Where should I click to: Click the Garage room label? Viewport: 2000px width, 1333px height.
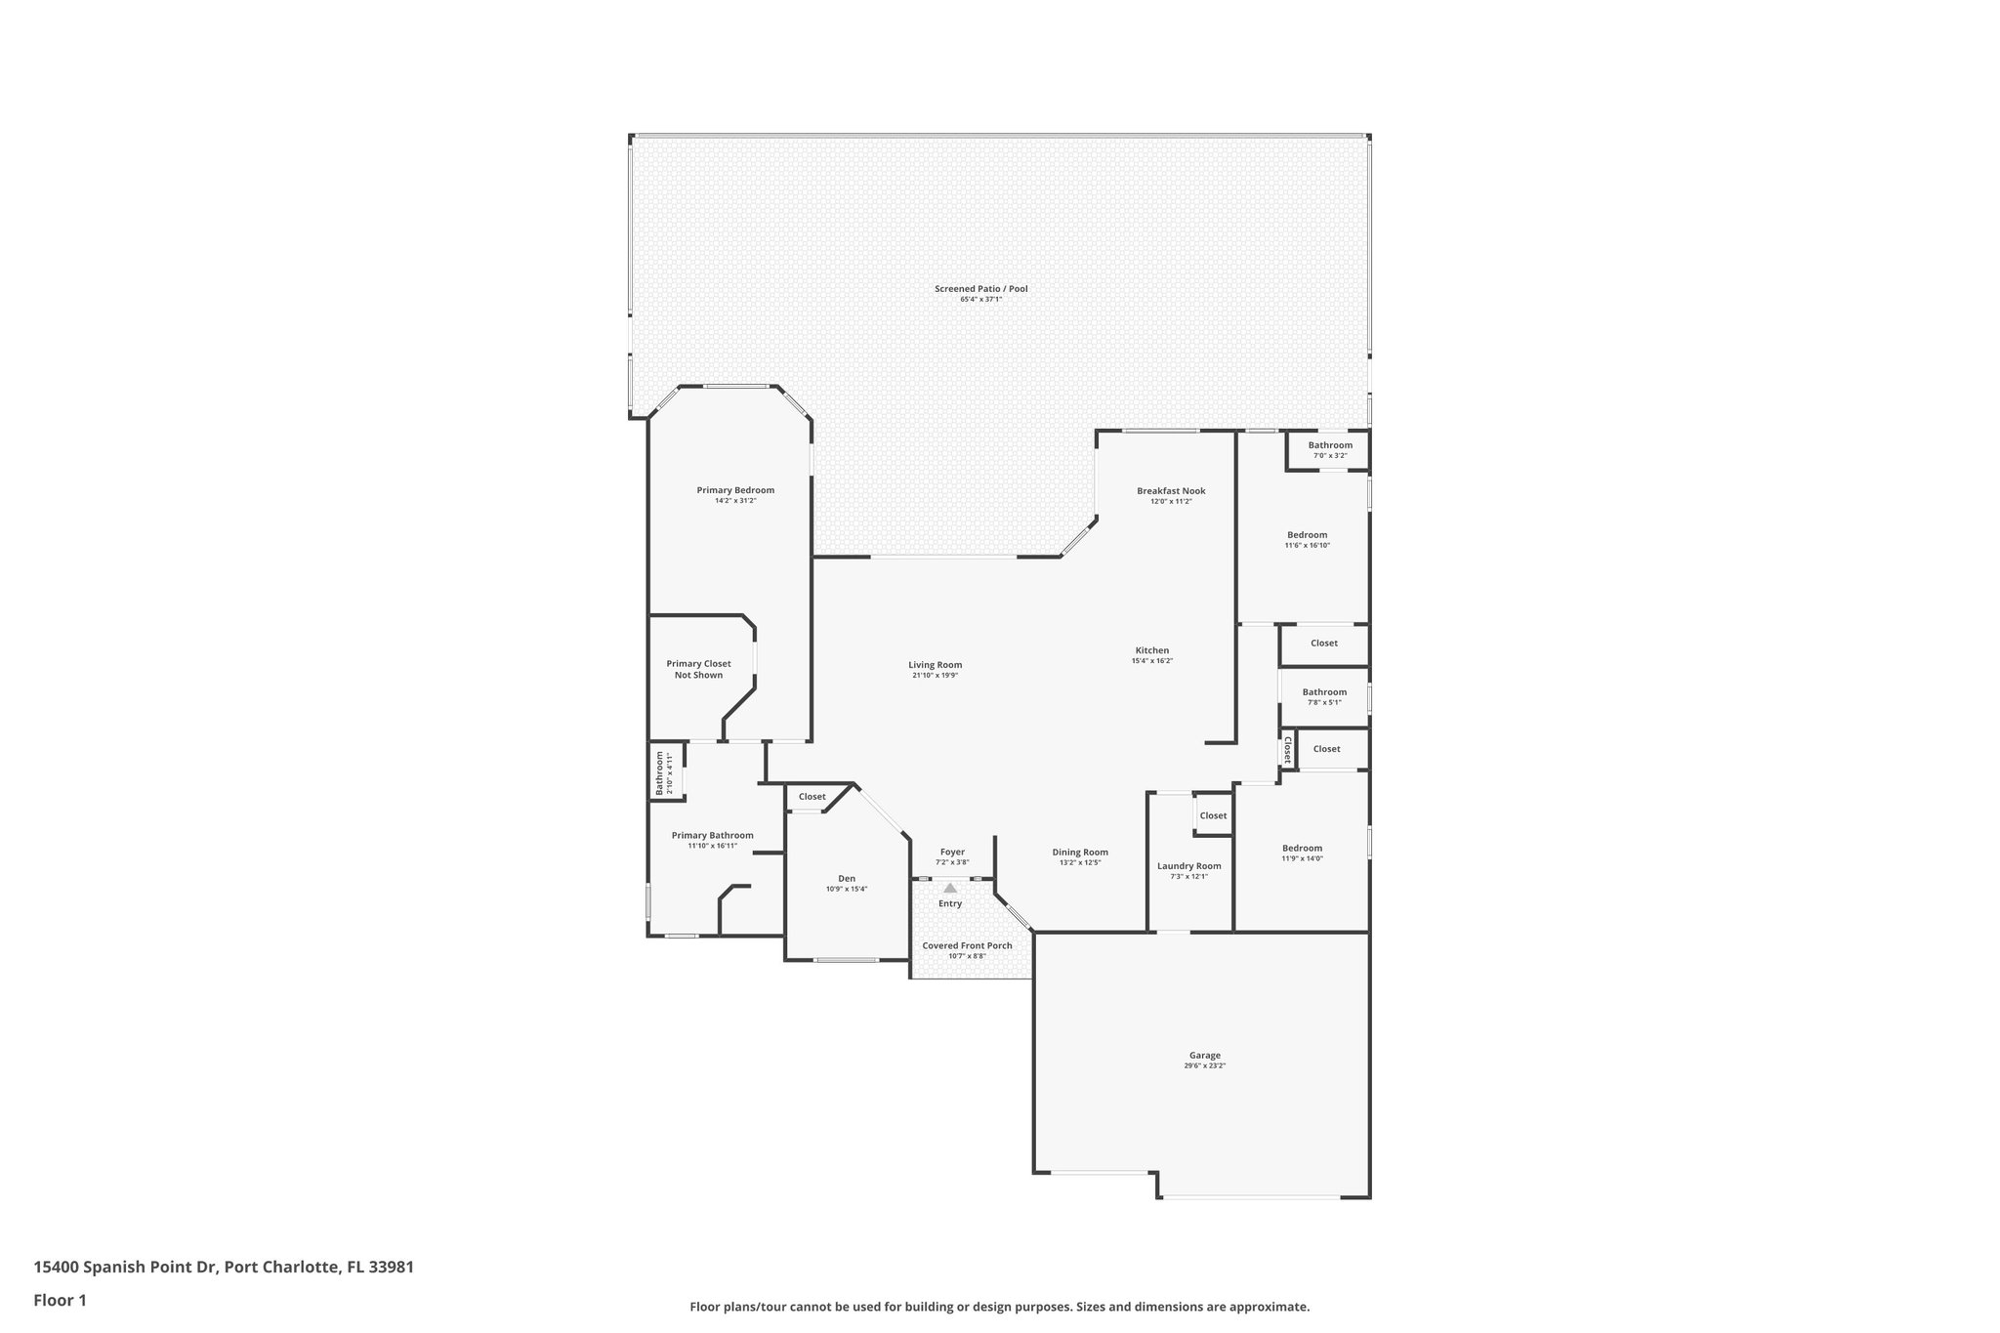click(1204, 1055)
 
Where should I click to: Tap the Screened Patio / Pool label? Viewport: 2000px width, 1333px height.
click(980, 289)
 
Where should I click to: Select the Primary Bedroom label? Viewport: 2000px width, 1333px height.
click(735, 490)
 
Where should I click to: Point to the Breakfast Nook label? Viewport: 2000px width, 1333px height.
click(1171, 491)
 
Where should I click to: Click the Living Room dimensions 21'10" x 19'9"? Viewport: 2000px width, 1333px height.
click(936, 676)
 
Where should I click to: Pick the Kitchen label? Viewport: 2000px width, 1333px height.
click(1151, 650)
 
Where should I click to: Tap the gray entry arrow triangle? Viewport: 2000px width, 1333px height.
click(950, 888)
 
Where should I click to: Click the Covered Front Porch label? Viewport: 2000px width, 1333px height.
click(967, 945)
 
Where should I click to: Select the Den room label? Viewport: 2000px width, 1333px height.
click(846, 879)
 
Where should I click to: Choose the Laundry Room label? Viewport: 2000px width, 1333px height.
click(1188, 866)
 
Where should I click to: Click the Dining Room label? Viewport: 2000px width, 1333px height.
click(1080, 853)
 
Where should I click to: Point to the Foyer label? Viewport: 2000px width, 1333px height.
click(952, 853)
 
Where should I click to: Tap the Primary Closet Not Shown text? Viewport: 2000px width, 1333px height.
click(698, 669)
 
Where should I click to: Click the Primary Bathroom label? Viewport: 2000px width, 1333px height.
click(712, 835)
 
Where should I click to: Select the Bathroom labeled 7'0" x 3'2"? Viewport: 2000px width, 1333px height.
click(1330, 445)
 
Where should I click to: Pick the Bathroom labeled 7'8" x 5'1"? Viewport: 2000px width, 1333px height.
click(1324, 692)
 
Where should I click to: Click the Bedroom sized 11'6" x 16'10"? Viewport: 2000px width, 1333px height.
click(1307, 535)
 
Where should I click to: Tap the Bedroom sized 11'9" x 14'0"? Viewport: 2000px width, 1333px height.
click(1302, 849)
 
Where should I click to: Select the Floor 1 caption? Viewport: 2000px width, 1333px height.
click(60, 1300)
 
